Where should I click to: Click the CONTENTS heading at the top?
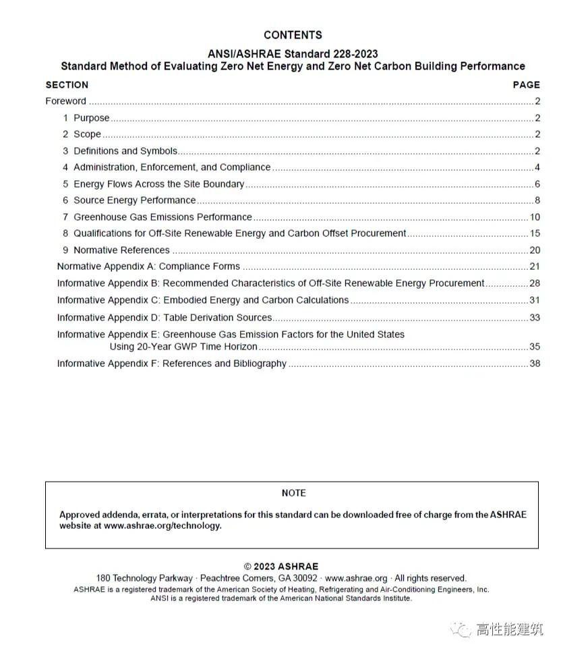[293, 35]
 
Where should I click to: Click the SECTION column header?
[67, 85]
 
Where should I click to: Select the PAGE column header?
[526, 85]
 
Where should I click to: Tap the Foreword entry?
[65, 101]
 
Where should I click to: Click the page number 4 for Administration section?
[537, 167]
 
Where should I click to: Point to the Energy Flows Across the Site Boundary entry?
[158, 184]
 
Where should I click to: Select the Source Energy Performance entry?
[134, 200]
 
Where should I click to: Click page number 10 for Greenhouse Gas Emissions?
[535, 217]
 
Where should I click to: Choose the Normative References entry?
[121, 250]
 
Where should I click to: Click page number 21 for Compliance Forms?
[535, 266]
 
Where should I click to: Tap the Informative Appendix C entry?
[202, 300]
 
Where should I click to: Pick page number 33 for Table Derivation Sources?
[535, 318]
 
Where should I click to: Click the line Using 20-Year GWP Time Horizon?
[183, 347]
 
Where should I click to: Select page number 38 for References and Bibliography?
[535, 364]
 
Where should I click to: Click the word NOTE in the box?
[293, 493]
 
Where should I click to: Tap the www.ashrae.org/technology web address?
[162, 526]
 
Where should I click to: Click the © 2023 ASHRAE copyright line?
[281, 567]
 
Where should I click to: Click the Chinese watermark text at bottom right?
[509, 630]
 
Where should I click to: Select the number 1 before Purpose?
[66, 118]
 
